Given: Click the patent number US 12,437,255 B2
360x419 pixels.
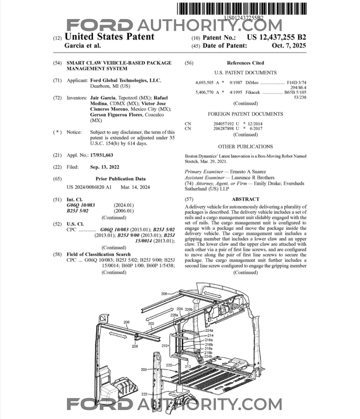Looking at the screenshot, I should [x=276, y=37].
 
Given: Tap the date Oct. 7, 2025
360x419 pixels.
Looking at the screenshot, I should [x=289, y=46].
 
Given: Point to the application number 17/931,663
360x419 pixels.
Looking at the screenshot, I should [x=102, y=155].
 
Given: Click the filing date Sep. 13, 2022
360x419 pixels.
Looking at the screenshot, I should [x=105, y=167].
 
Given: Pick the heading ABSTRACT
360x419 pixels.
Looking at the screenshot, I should [x=245, y=199].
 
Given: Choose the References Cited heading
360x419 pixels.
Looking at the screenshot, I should [x=245, y=63].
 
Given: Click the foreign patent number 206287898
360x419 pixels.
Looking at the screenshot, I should [x=224, y=128].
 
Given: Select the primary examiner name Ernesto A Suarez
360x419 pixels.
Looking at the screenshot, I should [x=248, y=172].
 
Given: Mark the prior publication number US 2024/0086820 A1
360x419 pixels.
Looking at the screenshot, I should [x=89, y=187].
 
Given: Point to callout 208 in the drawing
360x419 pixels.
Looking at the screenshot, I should [x=135, y=346].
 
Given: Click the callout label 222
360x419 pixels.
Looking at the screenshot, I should [x=144, y=394].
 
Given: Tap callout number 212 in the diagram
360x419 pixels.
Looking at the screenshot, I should [x=188, y=366].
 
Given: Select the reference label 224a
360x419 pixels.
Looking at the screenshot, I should [x=209, y=330].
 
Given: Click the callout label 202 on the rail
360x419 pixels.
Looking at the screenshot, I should [x=151, y=324].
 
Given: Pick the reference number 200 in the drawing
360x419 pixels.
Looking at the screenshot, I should [x=144, y=369].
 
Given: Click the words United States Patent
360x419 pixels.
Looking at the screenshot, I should [x=109, y=37].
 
